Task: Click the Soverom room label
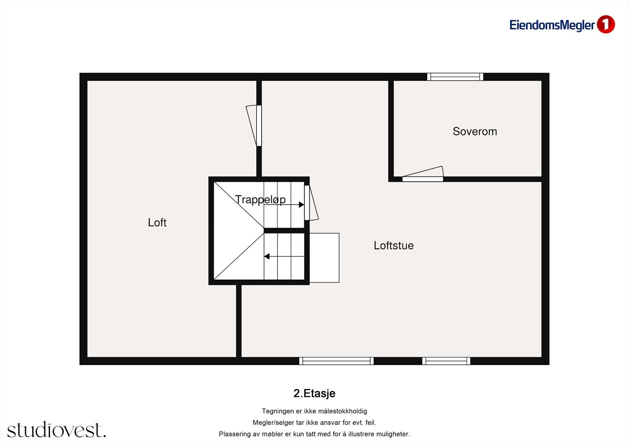475,132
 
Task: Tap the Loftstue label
394,246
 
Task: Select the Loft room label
157,223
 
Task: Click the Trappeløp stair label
260,199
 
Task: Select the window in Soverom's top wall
455,77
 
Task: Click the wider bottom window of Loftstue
337,361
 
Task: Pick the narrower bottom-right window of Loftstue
446,361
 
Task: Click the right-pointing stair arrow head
302,205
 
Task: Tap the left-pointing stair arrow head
267,256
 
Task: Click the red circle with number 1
605,24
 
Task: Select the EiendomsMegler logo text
552,25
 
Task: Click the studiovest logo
56,430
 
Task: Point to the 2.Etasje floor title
314,393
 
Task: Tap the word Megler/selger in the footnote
273,423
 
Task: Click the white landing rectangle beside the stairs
324,258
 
